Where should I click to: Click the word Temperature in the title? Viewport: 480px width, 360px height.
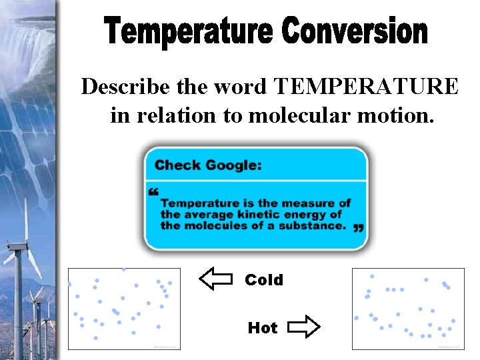(x=188, y=31)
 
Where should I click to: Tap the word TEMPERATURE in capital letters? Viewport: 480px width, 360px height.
(x=366, y=87)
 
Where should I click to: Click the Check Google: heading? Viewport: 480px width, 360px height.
(x=208, y=165)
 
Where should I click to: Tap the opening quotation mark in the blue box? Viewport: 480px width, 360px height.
(x=154, y=193)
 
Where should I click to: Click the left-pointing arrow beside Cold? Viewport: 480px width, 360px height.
(x=216, y=279)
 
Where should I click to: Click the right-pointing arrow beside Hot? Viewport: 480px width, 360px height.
(x=304, y=327)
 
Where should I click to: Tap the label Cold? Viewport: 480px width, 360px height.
(x=264, y=280)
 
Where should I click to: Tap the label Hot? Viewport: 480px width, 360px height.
(x=263, y=327)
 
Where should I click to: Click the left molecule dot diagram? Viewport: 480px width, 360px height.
(x=124, y=308)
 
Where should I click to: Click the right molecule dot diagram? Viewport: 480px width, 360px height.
(x=407, y=308)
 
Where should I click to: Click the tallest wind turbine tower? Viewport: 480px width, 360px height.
(x=18, y=293)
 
